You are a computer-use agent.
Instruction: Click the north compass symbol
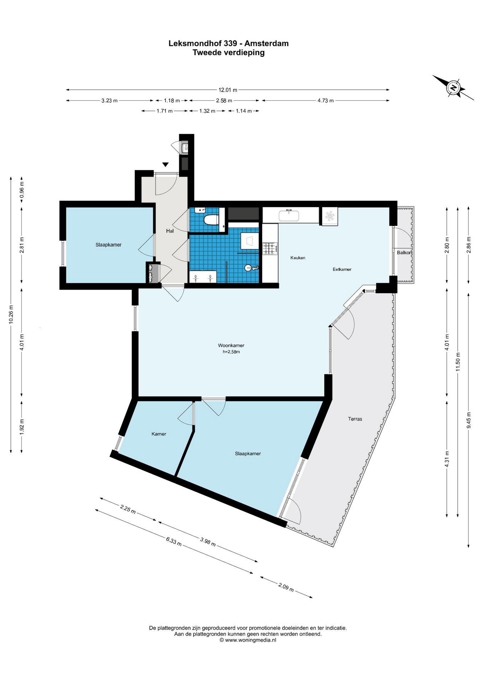point(453,88)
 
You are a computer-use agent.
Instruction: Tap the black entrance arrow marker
point(165,164)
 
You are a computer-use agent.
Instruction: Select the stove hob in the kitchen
point(270,248)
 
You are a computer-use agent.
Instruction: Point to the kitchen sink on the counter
point(289,215)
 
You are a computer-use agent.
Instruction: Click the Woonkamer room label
point(231,345)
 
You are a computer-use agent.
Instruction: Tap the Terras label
point(355,419)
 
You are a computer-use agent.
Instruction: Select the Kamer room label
point(159,434)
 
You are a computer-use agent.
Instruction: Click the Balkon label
point(404,253)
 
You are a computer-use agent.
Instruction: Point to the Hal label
point(170,231)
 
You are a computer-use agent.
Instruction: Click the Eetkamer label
point(342,269)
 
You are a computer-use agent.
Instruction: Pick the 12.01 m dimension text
point(228,90)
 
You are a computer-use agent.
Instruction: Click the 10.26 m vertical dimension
point(11,314)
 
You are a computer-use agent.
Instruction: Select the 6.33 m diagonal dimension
point(174,541)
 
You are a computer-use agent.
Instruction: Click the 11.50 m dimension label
point(458,362)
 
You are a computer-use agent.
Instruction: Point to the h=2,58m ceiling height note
point(231,352)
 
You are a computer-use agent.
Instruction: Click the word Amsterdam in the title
point(266,43)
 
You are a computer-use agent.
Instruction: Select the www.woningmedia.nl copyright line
point(248,640)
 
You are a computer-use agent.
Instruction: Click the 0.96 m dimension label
point(22,190)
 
